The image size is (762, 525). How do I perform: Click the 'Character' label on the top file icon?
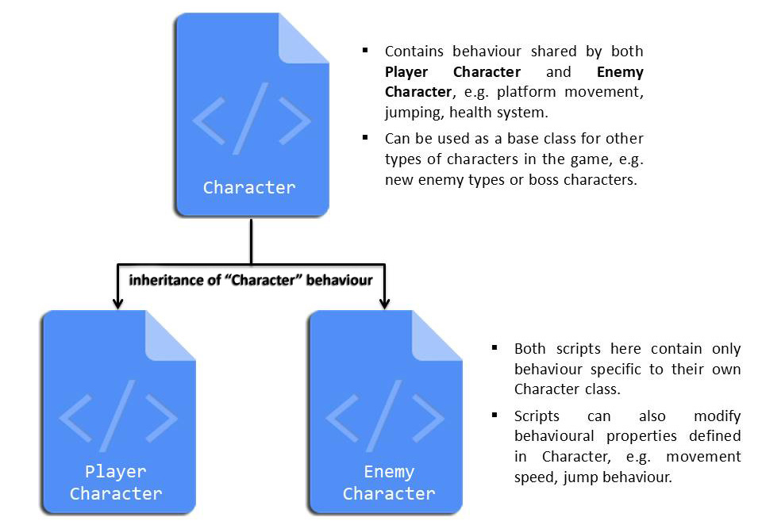tap(248, 187)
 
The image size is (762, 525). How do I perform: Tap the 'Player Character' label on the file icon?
tap(116, 482)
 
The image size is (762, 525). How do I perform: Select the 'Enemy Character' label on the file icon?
tap(389, 482)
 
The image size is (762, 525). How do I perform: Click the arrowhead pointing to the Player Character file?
tap(117, 303)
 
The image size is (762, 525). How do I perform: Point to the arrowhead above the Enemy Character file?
tap(384, 303)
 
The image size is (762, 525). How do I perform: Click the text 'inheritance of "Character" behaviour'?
tap(251, 280)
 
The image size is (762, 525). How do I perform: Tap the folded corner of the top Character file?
tap(303, 39)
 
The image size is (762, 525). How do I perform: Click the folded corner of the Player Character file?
tap(170, 336)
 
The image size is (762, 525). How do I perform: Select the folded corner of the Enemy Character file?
tap(437, 336)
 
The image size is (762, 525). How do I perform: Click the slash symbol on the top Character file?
tap(251, 118)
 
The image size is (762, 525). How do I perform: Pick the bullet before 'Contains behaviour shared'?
tap(365, 51)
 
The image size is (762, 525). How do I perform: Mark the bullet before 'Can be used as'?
tap(365, 138)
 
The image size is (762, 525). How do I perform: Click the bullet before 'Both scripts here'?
tap(495, 347)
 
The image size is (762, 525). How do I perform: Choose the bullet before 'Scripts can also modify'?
tap(495, 416)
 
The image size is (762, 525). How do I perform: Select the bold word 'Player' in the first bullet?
tap(406, 72)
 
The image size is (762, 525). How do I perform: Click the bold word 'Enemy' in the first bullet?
tap(620, 72)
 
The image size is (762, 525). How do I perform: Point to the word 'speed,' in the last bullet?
tap(534, 477)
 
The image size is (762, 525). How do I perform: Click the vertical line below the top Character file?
tap(252, 241)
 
